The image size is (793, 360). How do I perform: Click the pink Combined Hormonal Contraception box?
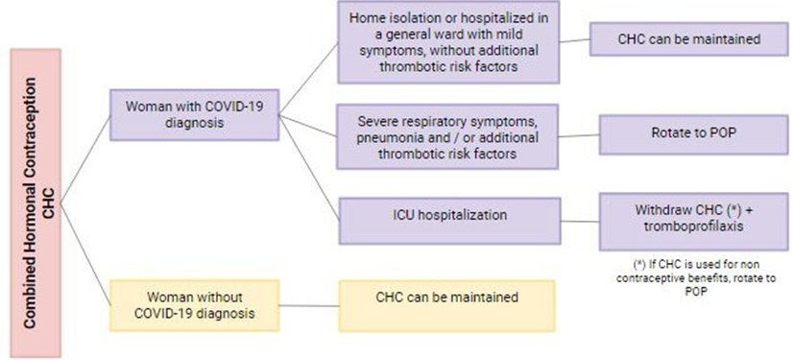(36, 204)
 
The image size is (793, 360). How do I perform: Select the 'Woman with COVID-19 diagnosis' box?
(195, 115)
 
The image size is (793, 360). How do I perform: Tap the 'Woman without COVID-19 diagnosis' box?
(195, 305)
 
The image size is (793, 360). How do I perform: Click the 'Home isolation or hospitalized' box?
(448, 42)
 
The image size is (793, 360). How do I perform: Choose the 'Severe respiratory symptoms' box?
(448, 137)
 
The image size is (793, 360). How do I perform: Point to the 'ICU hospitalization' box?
(449, 221)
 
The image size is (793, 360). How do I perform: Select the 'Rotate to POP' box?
(693, 134)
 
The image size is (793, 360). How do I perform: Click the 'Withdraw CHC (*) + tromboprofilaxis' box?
(693, 222)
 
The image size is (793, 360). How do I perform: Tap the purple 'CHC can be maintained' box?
(688, 39)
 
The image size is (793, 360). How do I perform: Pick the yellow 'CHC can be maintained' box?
(447, 306)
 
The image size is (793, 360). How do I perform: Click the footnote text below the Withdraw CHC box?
(700, 278)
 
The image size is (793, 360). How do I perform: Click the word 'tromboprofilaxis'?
(693, 226)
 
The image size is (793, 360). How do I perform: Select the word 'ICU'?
(403, 214)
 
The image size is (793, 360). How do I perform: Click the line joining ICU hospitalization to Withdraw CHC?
(580, 222)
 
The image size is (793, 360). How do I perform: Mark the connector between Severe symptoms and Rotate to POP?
(579, 135)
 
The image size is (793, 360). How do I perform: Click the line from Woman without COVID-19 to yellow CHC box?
(309, 305)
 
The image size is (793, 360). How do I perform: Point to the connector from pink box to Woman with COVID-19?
(84, 159)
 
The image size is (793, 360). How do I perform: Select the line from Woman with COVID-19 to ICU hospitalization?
(309, 168)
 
